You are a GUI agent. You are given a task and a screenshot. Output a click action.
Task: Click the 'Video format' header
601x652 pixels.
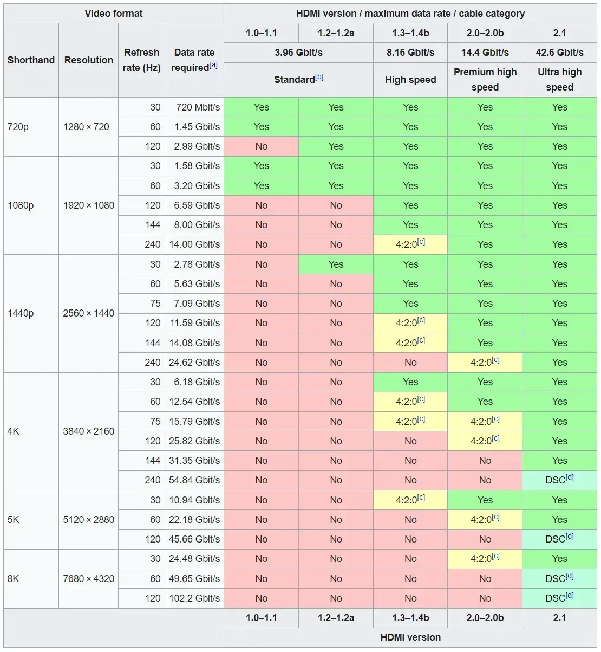(x=114, y=14)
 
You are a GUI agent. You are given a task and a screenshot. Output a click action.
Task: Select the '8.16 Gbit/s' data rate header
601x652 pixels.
(x=410, y=53)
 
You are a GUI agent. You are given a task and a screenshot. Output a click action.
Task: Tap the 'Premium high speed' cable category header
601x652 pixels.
(x=485, y=80)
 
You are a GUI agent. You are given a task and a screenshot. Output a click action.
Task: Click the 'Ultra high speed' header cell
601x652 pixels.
(x=559, y=80)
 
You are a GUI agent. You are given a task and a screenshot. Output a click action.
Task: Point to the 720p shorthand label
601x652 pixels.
(x=18, y=127)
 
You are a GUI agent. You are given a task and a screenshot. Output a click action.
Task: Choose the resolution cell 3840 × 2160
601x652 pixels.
(x=89, y=431)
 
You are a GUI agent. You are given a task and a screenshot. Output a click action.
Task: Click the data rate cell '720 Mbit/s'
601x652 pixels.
(x=198, y=107)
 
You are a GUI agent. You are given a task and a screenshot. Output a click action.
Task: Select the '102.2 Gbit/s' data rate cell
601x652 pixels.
(x=194, y=598)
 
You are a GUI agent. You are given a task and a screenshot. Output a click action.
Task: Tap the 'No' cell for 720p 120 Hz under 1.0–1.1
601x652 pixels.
(x=262, y=146)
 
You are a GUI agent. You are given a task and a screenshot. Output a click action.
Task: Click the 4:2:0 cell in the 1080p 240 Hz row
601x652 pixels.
(x=410, y=244)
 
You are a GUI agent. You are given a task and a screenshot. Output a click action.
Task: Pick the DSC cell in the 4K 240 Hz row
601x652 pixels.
(x=559, y=480)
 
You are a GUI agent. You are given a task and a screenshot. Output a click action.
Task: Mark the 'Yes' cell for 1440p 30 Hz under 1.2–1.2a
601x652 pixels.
(x=336, y=264)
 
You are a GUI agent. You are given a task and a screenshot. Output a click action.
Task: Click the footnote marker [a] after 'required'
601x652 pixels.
(x=213, y=65)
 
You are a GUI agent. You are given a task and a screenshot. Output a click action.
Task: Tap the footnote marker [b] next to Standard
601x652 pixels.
(x=319, y=77)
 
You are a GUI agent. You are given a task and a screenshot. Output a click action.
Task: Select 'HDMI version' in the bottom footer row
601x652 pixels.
(x=410, y=637)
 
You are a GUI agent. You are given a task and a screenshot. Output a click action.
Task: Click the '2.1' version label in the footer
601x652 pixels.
(x=559, y=618)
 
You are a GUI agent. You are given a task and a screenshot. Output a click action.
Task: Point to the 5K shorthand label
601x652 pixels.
(x=14, y=520)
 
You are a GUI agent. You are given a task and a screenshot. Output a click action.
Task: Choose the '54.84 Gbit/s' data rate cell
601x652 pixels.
(x=194, y=480)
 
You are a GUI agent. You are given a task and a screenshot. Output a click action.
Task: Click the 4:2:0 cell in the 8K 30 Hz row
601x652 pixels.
(x=485, y=558)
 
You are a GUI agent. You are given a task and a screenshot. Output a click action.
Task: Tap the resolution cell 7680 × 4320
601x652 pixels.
(x=89, y=578)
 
